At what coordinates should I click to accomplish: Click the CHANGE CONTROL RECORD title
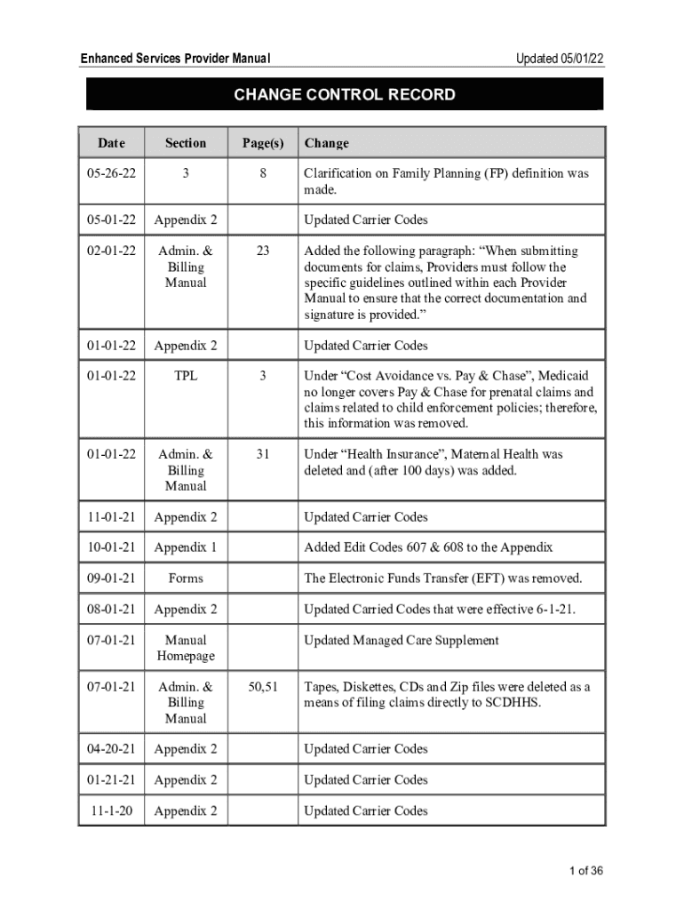[345, 95]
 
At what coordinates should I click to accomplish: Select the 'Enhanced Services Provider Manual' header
[175, 59]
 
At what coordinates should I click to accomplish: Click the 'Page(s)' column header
[263, 143]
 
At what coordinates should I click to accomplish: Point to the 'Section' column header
[185, 143]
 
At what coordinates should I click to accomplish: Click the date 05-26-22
[111, 174]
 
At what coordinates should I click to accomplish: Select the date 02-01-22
[111, 251]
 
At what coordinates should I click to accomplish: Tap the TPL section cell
[185, 376]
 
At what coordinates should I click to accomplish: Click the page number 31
[263, 454]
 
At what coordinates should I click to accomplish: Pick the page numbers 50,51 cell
[263, 687]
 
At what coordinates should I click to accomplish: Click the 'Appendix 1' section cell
[185, 547]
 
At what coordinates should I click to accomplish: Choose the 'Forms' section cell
[185, 579]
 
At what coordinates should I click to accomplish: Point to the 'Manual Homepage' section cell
[185, 648]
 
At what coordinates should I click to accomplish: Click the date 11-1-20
[111, 810]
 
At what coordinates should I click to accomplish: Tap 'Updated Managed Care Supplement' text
[402, 640]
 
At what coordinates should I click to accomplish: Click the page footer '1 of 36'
[586, 871]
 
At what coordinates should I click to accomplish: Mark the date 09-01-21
[111, 579]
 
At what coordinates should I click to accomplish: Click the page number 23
[263, 251]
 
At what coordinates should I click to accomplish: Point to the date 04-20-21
[111, 749]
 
